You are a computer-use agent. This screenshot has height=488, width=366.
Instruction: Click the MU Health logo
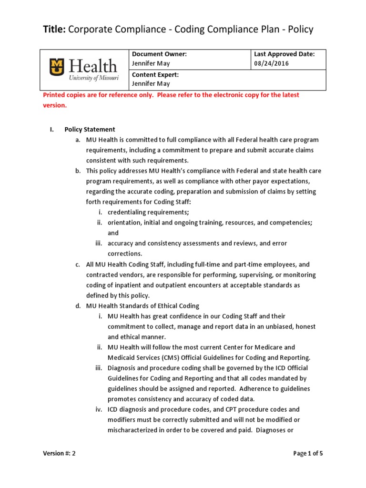coord(84,70)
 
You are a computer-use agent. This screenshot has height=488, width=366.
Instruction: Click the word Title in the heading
coord(54,30)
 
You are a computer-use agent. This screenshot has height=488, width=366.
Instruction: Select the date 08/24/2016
coord(271,63)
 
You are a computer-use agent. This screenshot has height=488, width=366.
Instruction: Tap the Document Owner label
coord(159,54)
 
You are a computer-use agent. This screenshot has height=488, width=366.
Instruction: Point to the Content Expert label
coord(155,75)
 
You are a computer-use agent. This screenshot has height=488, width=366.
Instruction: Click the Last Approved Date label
coord(285,54)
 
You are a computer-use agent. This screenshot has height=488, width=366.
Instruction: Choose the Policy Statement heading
coord(90,130)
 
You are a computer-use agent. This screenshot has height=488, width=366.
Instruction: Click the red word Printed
coord(55,95)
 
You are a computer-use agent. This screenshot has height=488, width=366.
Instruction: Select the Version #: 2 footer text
coord(59,454)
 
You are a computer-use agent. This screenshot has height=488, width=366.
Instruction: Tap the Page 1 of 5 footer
coord(308,454)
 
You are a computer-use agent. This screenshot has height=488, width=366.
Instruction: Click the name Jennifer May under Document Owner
coord(151,63)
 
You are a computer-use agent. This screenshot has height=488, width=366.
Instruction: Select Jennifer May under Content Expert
coord(151,84)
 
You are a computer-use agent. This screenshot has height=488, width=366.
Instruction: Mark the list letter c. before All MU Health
coord(77,264)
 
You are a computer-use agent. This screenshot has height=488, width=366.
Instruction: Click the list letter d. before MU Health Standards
coord(77,306)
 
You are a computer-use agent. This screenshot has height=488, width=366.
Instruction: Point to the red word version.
coord(55,105)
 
